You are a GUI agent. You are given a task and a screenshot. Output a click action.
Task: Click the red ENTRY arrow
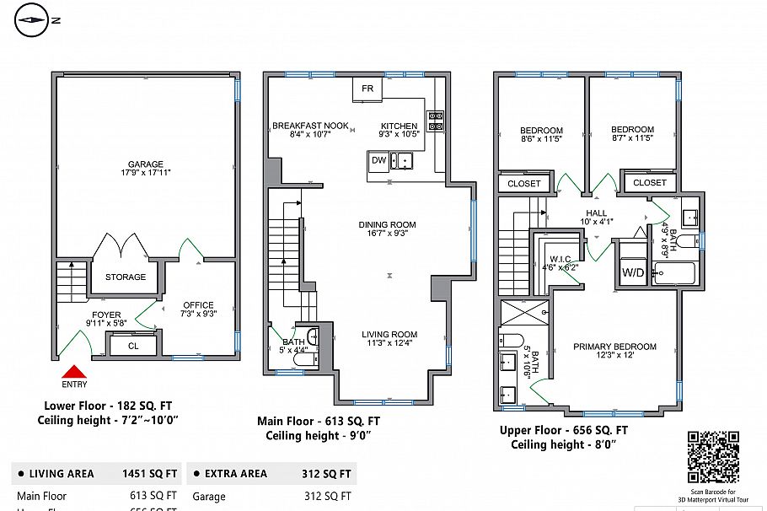click(x=74, y=371)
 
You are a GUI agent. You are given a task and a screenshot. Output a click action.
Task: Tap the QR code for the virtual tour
click(x=713, y=455)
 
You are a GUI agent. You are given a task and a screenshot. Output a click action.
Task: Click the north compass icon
click(x=32, y=19)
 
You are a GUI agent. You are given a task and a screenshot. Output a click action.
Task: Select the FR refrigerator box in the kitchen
click(x=367, y=89)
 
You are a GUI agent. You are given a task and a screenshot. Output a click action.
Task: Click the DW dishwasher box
click(x=378, y=160)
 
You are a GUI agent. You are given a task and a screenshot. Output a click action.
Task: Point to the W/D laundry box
click(x=633, y=272)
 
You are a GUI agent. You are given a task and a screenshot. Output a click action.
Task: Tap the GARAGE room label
click(x=146, y=164)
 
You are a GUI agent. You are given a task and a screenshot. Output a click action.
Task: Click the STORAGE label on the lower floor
click(x=126, y=277)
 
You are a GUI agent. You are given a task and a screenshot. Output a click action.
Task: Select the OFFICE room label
click(x=198, y=305)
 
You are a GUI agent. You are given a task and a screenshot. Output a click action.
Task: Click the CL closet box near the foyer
click(x=133, y=345)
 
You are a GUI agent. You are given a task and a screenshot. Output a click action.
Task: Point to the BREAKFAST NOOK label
click(x=310, y=126)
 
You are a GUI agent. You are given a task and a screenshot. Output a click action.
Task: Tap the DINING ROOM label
click(x=388, y=224)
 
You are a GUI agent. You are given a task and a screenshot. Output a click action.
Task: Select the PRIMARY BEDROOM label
click(x=614, y=347)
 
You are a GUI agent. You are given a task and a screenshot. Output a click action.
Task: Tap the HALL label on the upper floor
click(x=597, y=213)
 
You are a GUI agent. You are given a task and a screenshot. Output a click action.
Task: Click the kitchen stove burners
click(x=436, y=121)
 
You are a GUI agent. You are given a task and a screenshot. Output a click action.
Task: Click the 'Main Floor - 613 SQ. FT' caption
click(x=318, y=421)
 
